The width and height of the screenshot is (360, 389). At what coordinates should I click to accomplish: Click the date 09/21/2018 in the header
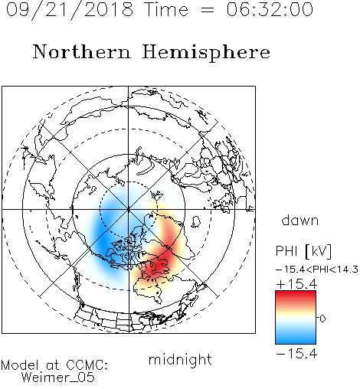pyautogui.click(x=70, y=10)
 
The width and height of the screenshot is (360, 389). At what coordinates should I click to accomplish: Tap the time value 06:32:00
pyautogui.click(x=270, y=9)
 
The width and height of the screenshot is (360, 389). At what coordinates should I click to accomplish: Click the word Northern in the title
pyautogui.click(x=82, y=51)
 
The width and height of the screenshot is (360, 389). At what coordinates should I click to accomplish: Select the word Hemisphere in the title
pyautogui.click(x=206, y=53)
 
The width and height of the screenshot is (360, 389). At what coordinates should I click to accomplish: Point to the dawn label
pyautogui.click(x=300, y=220)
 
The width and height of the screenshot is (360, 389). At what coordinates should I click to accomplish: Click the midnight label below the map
pyautogui.click(x=180, y=360)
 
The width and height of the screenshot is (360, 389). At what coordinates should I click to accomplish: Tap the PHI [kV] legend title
pyautogui.click(x=304, y=251)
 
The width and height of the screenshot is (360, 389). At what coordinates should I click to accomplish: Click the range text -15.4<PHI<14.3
pyautogui.click(x=317, y=270)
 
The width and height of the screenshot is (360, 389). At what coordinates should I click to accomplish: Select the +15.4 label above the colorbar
pyautogui.click(x=296, y=284)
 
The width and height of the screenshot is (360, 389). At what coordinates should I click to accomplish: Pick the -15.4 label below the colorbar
pyautogui.click(x=296, y=354)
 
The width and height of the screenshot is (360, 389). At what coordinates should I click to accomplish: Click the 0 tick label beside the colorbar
pyautogui.click(x=322, y=319)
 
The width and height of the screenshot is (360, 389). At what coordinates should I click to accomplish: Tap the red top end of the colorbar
pyautogui.click(x=296, y=293)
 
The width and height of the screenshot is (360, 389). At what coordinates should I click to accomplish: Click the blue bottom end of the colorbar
pyautogui.click(x=296, y=342)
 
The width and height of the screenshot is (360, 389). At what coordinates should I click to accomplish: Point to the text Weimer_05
pyautogui.click(x=58, y=378)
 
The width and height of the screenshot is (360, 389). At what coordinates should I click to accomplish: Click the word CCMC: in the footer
pyautogui.click(x=87, y=365)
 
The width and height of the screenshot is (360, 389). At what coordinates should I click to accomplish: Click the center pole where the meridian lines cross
pyautogui.click(x=129, y=209)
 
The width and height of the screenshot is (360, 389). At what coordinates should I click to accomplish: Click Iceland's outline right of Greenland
pyautogui.click(x=196, y=221)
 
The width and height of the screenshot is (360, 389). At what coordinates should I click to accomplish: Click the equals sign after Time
pyautogui.click(x=208, y=10)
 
